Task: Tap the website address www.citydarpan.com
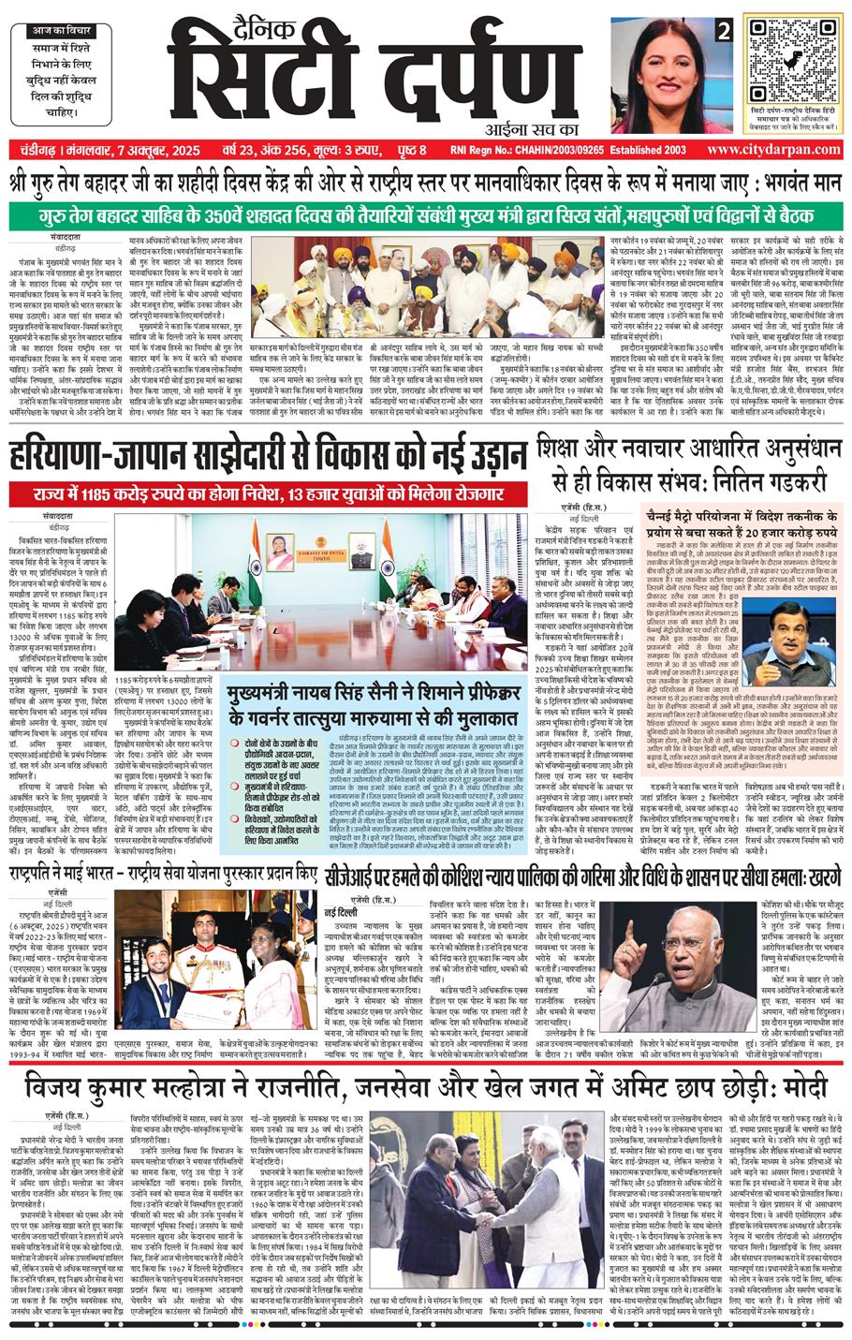[772, 149]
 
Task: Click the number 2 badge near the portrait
[722, 32]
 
